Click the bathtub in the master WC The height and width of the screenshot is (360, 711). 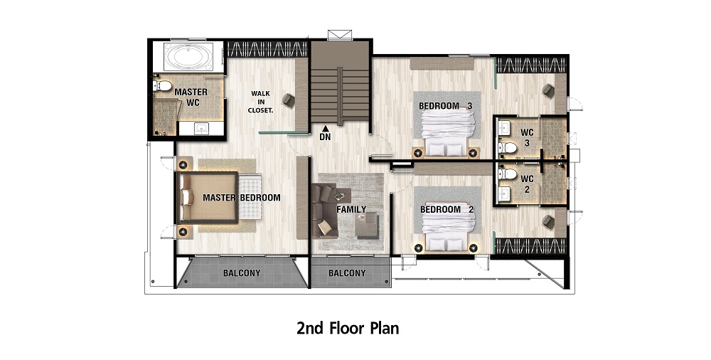coord(188,57)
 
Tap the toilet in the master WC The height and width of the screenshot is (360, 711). coord(162,85)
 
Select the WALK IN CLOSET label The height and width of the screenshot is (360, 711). coord(261,102)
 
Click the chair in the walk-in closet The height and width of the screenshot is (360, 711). coord(289,100)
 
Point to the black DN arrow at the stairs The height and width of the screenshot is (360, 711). coord(325,129)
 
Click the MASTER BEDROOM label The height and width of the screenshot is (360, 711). coord(241,198)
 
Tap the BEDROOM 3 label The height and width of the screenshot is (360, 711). coord(445,106)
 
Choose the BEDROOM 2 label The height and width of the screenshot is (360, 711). coord(447,210)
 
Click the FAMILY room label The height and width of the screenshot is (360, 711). coord(351,209)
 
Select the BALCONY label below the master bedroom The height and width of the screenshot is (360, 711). coord(242,273)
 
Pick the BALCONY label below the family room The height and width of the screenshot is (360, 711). coord(347,273)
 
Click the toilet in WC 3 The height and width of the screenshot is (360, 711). coord(507,147)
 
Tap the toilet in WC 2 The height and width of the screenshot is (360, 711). coord(507,174)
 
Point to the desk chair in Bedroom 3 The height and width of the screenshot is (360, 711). coord(548,91)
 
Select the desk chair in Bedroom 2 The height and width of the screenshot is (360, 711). coord(548,221)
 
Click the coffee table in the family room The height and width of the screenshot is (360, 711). coord(367,226)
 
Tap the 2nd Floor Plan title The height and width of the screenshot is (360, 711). coord(348,328)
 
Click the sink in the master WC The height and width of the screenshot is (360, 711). coord(201,129)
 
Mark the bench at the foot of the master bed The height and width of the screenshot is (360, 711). coord(250,197)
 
